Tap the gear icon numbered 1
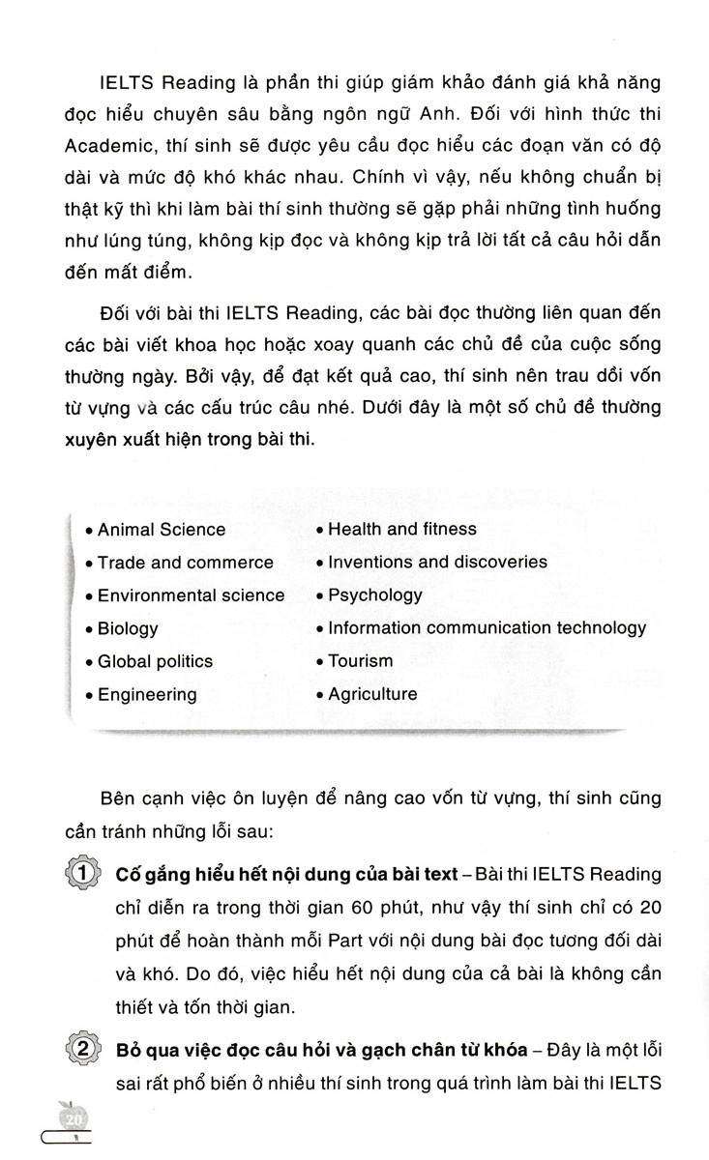click(84, 875)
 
